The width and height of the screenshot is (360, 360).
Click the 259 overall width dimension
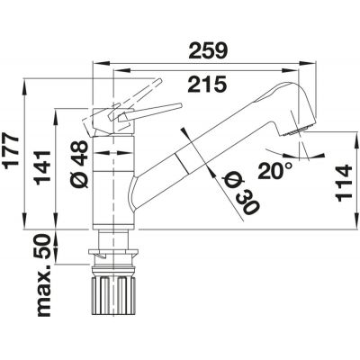(208, 50)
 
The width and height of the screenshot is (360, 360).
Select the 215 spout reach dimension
(207, 85)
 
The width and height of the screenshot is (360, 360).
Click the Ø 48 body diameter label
(79, 164)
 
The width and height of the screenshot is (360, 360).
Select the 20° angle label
(274, 171)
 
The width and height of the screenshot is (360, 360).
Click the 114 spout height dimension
(344, 183)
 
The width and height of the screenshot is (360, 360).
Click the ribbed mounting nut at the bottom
(113, 294)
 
